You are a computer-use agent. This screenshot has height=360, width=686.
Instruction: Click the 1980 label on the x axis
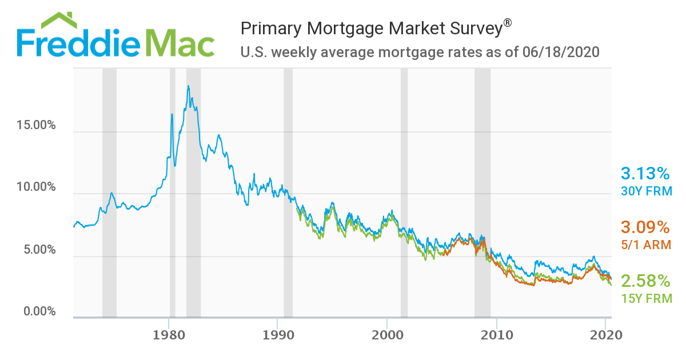pos(169,335)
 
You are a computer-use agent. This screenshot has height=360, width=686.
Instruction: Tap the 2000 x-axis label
pos(387,335)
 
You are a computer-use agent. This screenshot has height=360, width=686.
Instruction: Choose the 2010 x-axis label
pos(497,335)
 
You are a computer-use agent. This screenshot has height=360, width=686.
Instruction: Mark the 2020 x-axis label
pos(606,335)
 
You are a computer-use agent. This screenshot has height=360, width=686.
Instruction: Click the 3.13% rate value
pos(645,174)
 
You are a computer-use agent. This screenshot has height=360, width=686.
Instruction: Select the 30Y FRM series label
pos(646,191)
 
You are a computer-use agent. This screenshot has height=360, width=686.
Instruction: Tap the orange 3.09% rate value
pos(645,227)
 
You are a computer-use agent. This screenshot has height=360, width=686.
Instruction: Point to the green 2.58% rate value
pos(645,281)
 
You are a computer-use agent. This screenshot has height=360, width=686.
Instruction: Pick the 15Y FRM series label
pos(646,298)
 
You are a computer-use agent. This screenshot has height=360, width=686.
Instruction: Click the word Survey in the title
pos(466,28)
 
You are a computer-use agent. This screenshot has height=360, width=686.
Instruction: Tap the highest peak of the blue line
pos(188,86)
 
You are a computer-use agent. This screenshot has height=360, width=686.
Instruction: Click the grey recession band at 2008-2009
pos(482,192)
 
